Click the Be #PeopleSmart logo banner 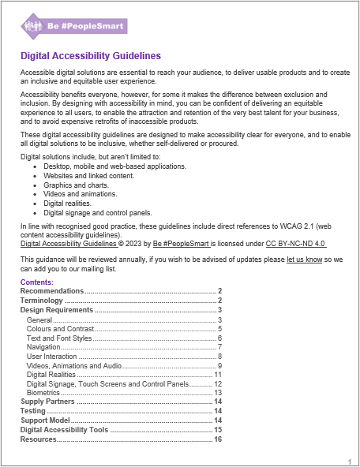coord(73,25)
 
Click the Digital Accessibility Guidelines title coord(90,56)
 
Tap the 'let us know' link coord(304,259)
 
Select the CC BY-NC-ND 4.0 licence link coord(295,244)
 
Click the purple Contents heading coord(36,282)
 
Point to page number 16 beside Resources coord(218,439)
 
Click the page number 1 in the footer coord(349,461)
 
